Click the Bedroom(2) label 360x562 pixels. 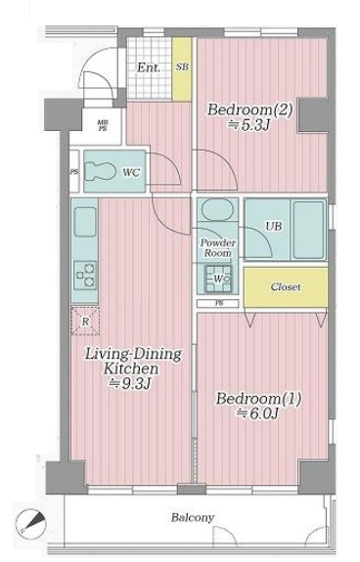[x=250, y=109]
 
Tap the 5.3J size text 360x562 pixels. [x=248, y=125]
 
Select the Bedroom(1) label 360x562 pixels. [x=258, y=399]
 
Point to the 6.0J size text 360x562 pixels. [x=257, y=414]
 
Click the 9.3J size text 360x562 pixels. [x=130, y=384]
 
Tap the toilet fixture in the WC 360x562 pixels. [x=101, y=171]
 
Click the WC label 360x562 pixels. [x=131, y=173]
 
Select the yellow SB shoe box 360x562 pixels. [x=182, y=69]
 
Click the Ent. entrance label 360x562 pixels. [x=149, y=67]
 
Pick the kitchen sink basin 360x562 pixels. [x=85, y=222]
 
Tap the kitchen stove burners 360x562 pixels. [x=85, y=276]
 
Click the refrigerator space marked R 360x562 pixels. [x=85, y=322]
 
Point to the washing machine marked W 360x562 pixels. [x=218, y=279]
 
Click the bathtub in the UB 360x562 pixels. [x=309, y=230]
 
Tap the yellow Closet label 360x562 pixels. [x=286, y=287]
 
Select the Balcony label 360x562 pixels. [x=193, y=518]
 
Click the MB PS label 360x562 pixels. [x=103, y=126]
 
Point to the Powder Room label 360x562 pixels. [x=217, y=247]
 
